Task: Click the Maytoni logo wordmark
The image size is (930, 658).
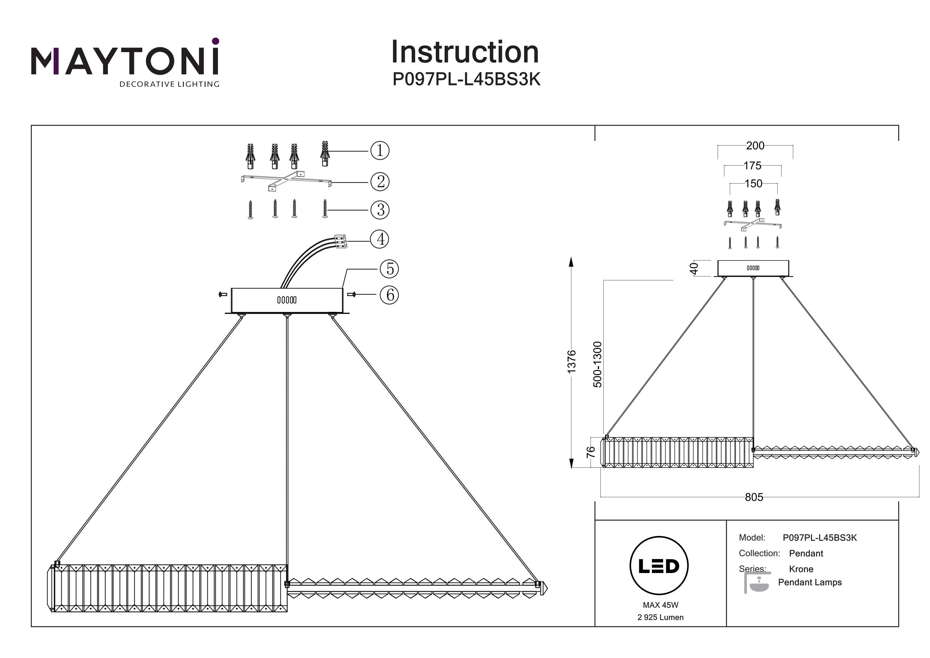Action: click(x=125, y=61)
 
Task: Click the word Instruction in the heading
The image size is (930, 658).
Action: click(x=465, y=52)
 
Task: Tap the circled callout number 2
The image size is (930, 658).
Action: click(x=380, y=181)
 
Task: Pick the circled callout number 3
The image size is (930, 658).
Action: click(x=380, y=210)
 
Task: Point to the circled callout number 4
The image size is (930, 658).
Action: click(x=380, y=239)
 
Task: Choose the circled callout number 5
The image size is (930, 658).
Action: click(x=389, y=269)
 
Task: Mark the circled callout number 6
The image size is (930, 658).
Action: click(x=389, y=295)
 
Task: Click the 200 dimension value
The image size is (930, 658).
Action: click(x=755, y=145)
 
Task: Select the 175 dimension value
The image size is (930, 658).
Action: click(x=752, y=165)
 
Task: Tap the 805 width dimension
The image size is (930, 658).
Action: click(x=754, y=497)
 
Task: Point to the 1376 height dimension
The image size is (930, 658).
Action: click(x=571, y=362)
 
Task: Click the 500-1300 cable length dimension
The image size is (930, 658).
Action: click(x=597, y=365)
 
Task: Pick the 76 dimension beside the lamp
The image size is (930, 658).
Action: click(x=591, y=452)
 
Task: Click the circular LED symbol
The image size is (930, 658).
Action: click(x=659, y=566)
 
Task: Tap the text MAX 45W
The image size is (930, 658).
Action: click(x=660, y=605)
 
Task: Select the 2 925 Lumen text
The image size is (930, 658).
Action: click(x=660, y=617)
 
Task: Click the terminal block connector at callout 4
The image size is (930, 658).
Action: click(x=340, y=241)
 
